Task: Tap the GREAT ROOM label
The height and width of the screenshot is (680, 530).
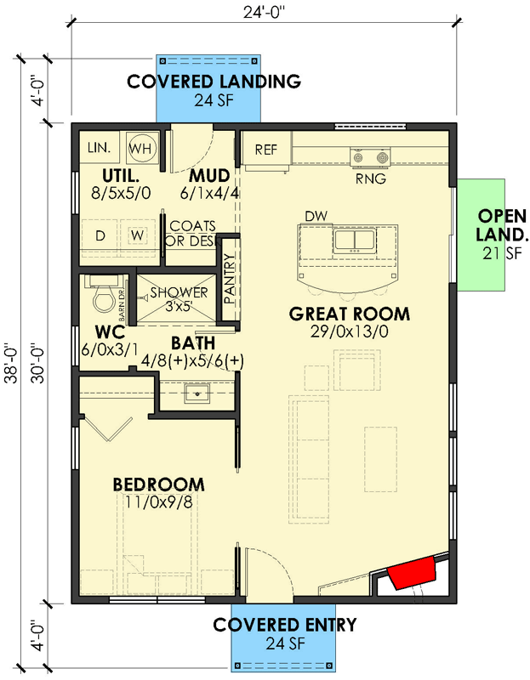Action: tap(350, 314)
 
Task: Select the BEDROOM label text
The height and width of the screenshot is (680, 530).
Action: tap(159, 484)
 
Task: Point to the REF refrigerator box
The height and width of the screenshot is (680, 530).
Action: tap(266, 150)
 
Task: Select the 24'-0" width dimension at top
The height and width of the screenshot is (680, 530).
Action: tap(265, 11)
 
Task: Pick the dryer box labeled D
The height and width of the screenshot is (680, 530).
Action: tap(100, 235)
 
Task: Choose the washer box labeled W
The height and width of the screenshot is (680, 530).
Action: tap(136, 235)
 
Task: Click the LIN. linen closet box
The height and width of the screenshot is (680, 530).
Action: tap(99, 148)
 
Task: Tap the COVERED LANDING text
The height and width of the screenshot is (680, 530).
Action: tap(213, 82)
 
